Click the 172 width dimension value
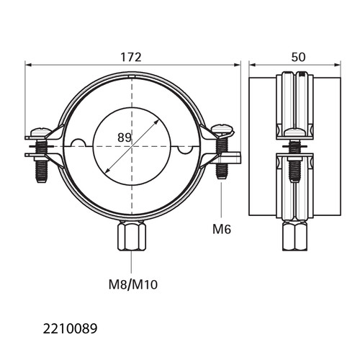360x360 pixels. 131,58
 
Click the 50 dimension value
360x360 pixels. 298,58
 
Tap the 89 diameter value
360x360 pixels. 125,138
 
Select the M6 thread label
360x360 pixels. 222,229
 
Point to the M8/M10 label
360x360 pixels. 133,285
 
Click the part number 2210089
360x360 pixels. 70,328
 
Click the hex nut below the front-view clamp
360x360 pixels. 132,236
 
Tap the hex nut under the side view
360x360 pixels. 294,236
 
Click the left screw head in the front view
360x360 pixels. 41,132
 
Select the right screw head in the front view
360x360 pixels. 222,130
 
